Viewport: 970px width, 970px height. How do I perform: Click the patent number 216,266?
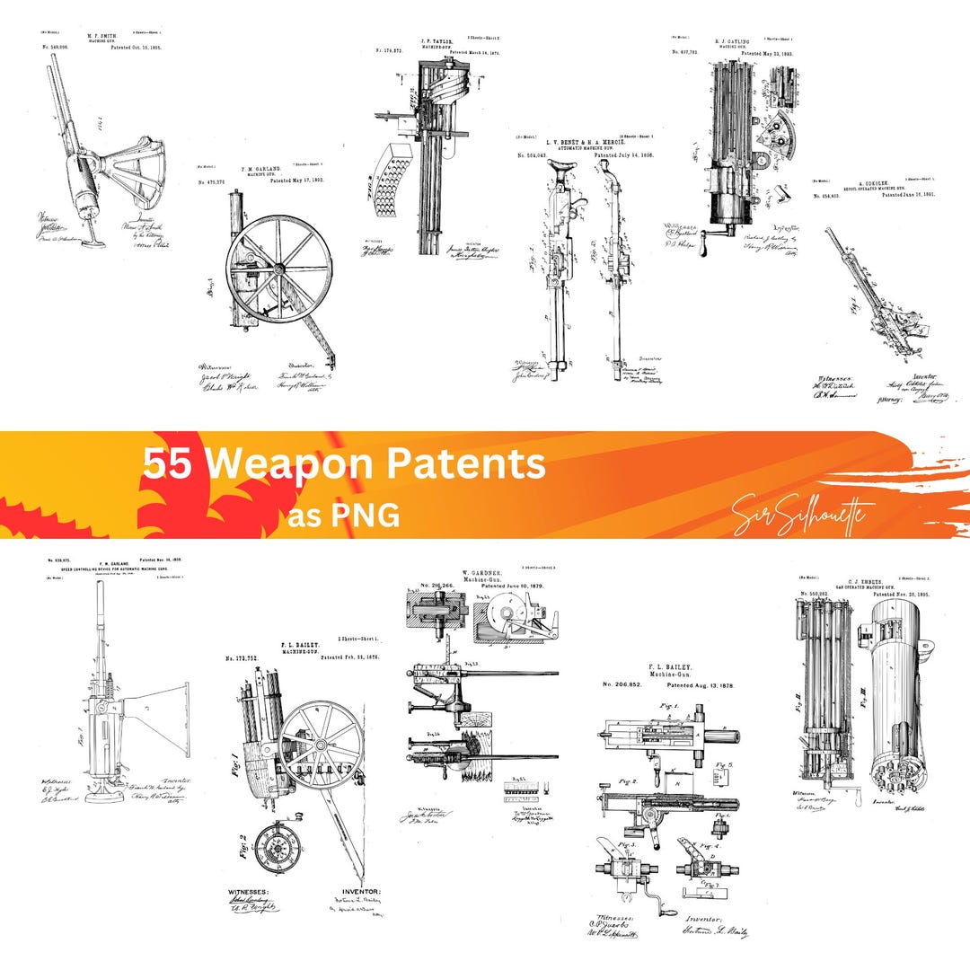click(x=436, y=586)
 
